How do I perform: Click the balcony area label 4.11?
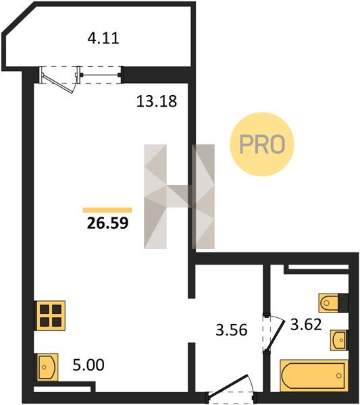(x=103, y=38)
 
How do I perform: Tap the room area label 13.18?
(x=157, y=101)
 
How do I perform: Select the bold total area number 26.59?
(x=107, y=223)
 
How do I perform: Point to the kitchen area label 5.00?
(x=88, y=365)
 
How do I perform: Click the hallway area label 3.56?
(x=232, y=330)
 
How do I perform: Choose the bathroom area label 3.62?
(x=306, y=325)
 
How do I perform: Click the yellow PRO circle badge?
(x=262, y=144)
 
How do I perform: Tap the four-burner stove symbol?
(x=51, y=315)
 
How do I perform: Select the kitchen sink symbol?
(x=47, y=367)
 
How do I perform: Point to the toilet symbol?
(x=328, y=302)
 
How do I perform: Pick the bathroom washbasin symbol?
(x=339, y=340)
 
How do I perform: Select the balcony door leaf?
(x=57, y=84)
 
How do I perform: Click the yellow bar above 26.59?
(x=107, y=210)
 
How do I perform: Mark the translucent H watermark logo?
(x=180, y=196)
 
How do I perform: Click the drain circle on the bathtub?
(x=339, y=376)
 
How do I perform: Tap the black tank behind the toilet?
(x=343, y=302)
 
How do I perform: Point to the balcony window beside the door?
(x=100, y=75)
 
